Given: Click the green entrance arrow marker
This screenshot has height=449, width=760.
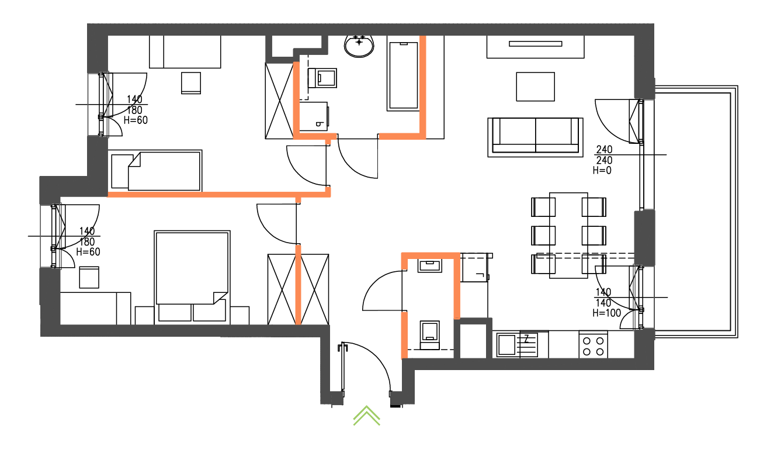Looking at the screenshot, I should [366, 415].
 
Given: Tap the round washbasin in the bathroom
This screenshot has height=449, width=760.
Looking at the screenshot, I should [359, 46].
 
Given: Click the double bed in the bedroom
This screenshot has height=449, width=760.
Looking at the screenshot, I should [192, 269].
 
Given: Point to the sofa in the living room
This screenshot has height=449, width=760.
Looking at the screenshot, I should [536, 136].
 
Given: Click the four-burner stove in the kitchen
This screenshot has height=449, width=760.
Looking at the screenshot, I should [593, 345].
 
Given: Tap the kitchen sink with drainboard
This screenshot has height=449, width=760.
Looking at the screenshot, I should [516, 344].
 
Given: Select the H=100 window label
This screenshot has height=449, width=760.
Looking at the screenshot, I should [607, 313].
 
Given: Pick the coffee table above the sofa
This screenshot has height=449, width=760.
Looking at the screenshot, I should [535, 87].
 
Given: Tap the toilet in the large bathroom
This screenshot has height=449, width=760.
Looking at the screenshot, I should [325, 77].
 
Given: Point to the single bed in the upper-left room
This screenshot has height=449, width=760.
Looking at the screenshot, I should [155, 170].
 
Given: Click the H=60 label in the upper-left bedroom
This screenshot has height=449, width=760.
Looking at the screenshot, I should [136, 120].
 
